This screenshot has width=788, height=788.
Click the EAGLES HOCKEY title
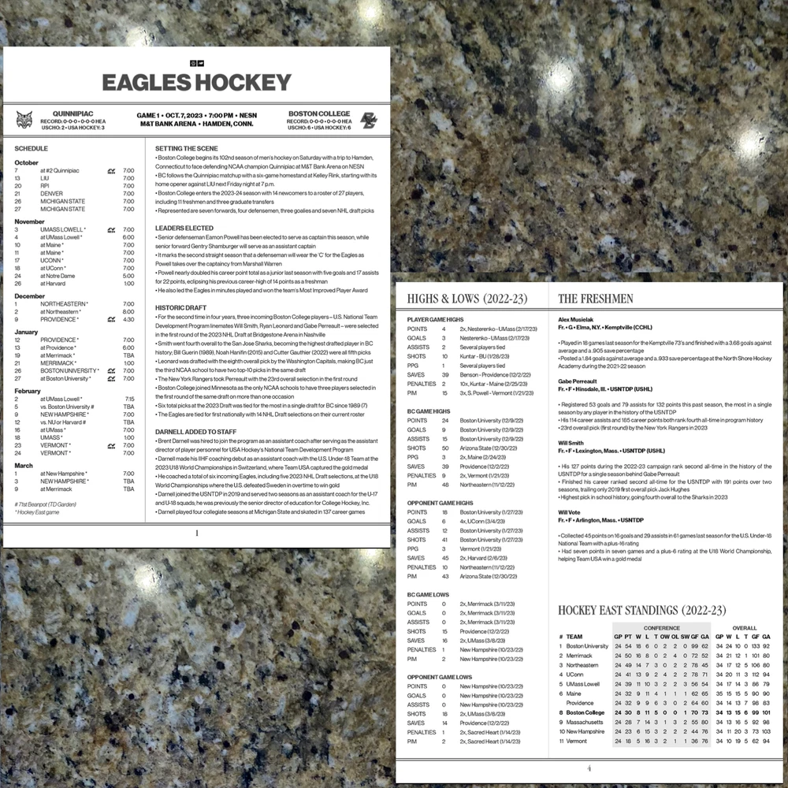click(196, 82)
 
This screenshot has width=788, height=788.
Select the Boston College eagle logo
click(369, 120)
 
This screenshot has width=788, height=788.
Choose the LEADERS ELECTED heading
click(184, 228)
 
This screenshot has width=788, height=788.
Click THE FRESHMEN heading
click(595, 299)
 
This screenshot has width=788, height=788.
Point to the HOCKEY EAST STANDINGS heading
click(641, 611)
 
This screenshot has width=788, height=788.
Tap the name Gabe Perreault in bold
click(581, 381)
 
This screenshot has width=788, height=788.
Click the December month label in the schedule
click(30, 296)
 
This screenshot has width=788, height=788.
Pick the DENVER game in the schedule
click(52, 193)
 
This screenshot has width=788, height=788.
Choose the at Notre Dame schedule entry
click(58, 276)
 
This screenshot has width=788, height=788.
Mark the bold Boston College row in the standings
click(585, 712)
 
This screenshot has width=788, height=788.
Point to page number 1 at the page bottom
click(196, 533)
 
